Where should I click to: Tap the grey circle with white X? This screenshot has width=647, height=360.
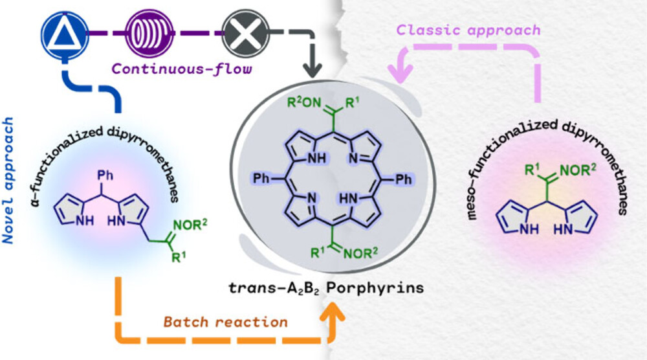click(241, 30)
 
